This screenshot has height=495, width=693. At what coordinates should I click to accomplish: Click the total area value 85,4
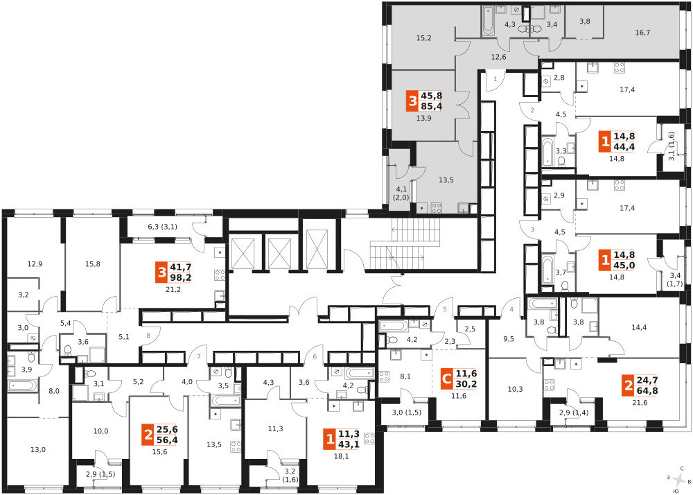(432, 106)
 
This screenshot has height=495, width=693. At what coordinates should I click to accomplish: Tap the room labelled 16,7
(642, 33)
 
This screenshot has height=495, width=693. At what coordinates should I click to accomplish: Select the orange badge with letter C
(447, 379)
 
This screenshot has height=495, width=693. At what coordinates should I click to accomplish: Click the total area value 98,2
(181, 277)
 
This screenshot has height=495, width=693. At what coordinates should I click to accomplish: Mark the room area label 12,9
(35, 264)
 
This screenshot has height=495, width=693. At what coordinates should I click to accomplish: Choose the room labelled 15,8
(93, 264)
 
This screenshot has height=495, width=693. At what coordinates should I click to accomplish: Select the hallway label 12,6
(498, 57)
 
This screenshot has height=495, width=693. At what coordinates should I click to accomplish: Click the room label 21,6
(640, 403)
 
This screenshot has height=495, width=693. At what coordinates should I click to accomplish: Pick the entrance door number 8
(148, 336)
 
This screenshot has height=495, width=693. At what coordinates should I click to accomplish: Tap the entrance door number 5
(445, 309)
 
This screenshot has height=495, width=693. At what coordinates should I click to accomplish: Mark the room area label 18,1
(341, 457)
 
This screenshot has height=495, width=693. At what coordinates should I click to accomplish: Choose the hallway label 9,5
(509, 340)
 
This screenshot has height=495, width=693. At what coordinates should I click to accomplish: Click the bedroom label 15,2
(424, 38)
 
